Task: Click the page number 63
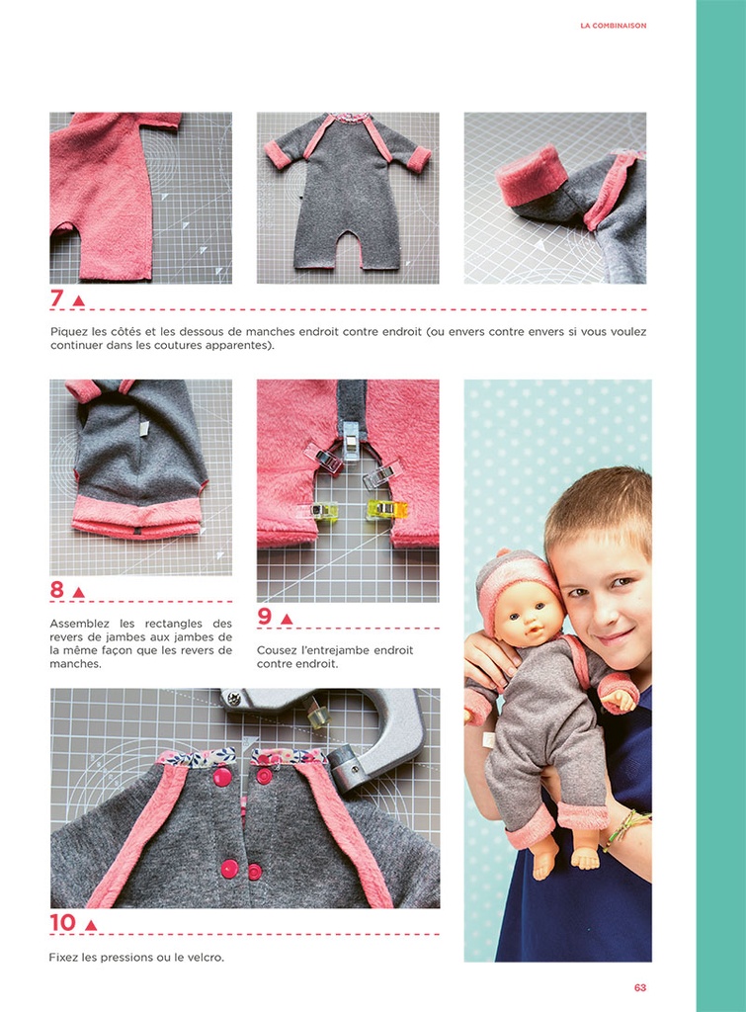tap(640, 987)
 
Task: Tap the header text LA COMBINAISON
tap(613, 26)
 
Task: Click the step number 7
tap(56, 298)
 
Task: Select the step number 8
tap(56, 590)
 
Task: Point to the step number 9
tap(264, 617)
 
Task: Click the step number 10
tap(62, 923)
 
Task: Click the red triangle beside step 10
tap(91, 925)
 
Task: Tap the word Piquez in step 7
tap(69, 332)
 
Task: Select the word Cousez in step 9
tap(279, 650)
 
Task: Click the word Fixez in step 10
tap(65, 957)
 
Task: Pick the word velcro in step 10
tap(204, 957)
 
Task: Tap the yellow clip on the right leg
tap(380, 510)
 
